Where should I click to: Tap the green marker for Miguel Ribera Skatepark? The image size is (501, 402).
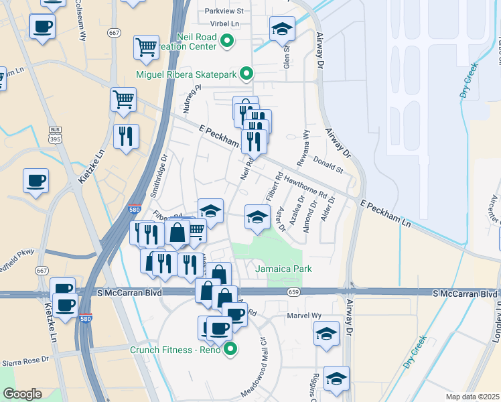coord(246,74)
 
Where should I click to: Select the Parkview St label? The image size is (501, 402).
coord(224,11)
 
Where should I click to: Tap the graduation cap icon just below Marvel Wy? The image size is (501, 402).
coord(326,333)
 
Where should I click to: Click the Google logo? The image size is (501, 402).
coord(22,394)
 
